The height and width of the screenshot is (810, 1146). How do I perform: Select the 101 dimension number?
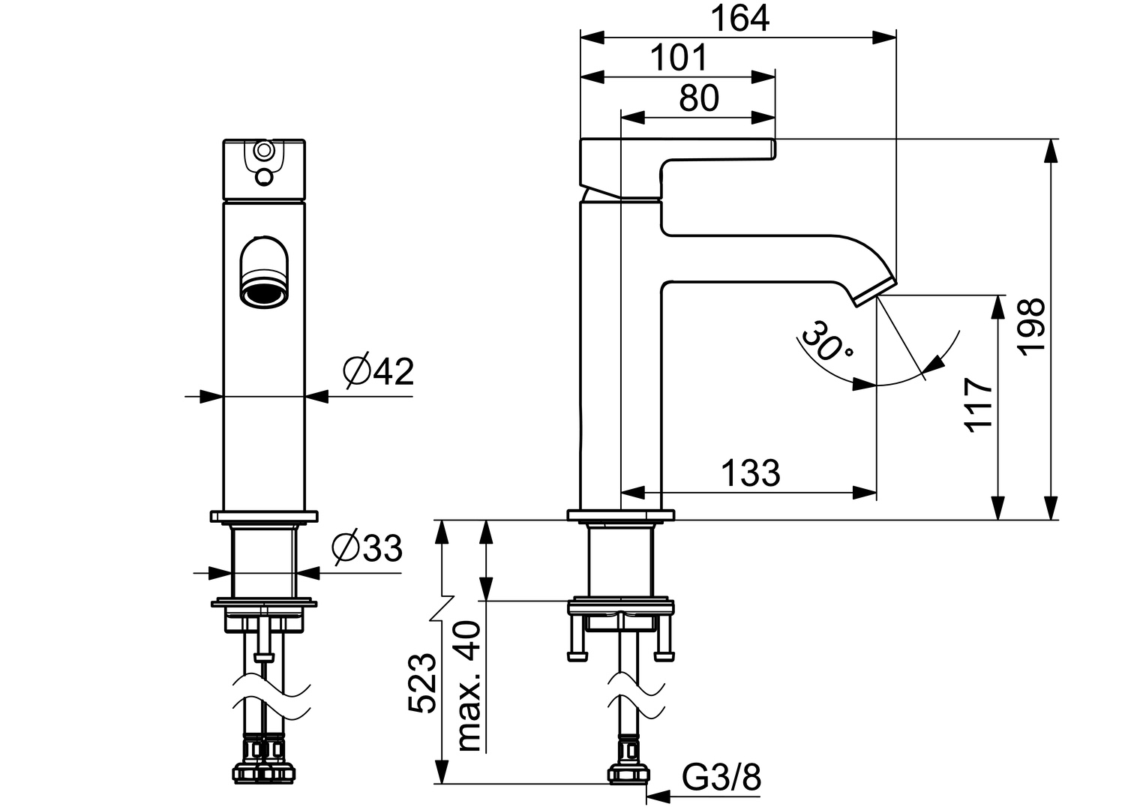pos(678,58)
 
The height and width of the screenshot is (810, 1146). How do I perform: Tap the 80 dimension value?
pos(698,98)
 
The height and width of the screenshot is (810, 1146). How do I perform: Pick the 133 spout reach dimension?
pos(750,473)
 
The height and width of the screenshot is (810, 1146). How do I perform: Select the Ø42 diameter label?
pos(378,371)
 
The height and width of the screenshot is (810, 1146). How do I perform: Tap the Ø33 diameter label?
pos(367,550)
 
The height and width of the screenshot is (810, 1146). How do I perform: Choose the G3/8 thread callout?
pos(721,778)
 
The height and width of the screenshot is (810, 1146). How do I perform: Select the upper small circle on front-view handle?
pos(264,151)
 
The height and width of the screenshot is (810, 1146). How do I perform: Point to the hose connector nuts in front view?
pos(264,770)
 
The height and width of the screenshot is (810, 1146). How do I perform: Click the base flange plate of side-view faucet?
pos(621,515)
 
